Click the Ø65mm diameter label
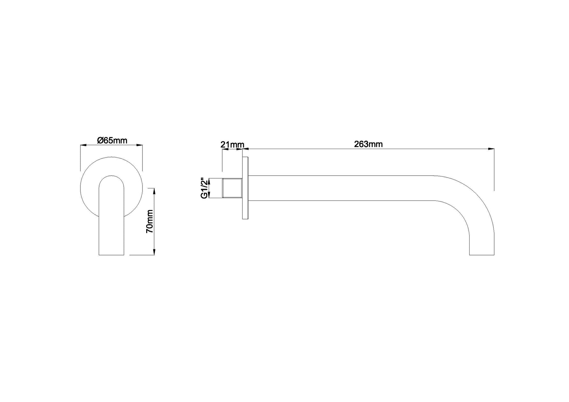tap(112, 141)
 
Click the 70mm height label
tap(150, 221)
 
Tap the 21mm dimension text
tap(232, 144)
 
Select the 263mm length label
tap(368, 144)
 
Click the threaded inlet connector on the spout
tap(232, 188)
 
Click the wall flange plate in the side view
tap(245, 188)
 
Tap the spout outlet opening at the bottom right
tap(482, 254)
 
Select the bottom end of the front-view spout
tap(111, 254)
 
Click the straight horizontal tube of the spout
tap(339, 188)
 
